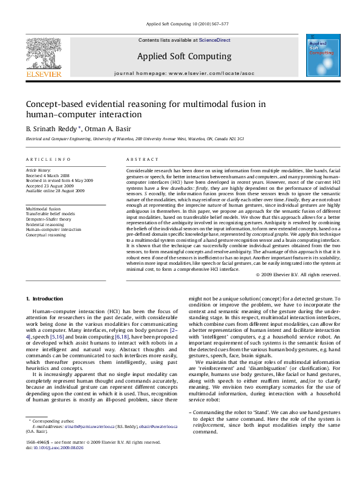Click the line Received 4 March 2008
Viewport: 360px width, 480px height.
(x=50, y=176)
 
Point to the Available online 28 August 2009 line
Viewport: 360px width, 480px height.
(x=55, y=190)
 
